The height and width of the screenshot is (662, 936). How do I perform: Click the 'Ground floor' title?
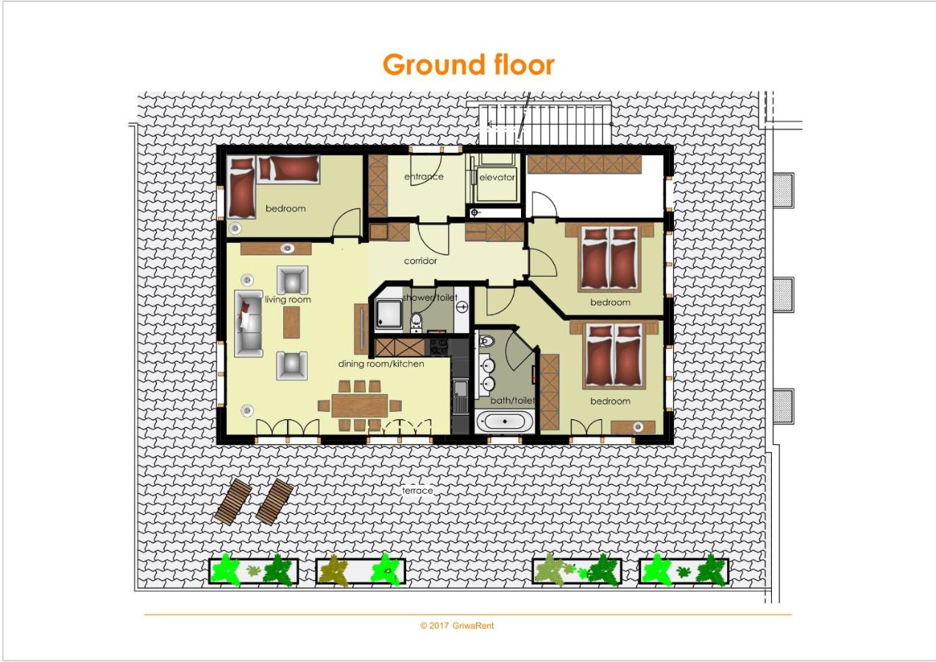(x=469, y=65)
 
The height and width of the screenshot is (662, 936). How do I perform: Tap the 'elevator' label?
(x=497, y=177)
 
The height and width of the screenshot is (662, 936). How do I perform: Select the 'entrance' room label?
(x=424, y=177)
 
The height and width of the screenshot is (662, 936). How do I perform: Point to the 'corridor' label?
(x=420, y=260)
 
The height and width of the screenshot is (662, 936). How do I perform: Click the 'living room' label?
(x=288, y=299)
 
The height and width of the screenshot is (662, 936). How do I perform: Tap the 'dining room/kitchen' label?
(x=381, y=364)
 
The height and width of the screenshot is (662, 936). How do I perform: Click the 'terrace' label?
(x=417, y=491)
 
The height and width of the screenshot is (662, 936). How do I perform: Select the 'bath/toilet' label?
(x=512, y=401)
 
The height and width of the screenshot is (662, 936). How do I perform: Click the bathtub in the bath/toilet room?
(x=505, y=421)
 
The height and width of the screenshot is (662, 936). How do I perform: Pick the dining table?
(x=360, y=405)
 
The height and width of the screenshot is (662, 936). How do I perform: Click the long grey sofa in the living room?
(x=248, y=323)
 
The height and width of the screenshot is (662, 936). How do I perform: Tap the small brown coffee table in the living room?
(x=291, y=322)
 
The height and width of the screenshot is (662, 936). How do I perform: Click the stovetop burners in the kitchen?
(x=439, y=346)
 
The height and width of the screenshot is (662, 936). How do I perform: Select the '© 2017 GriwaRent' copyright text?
(x=457, y=626)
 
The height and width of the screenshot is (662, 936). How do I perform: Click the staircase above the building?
(x=545, y=124)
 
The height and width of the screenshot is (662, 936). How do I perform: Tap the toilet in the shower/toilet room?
(x=416, y=321)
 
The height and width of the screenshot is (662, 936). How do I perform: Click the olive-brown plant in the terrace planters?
(x=333, y=570)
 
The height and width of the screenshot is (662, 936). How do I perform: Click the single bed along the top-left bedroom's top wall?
(x=288, y=169)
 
